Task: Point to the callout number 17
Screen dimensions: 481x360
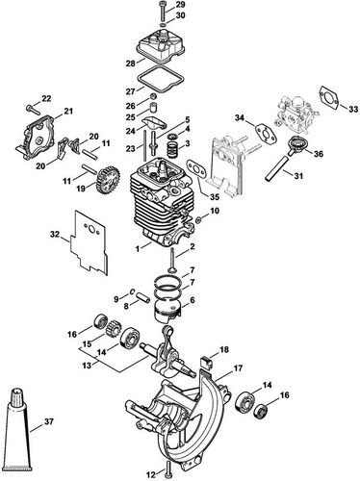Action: [237, 367]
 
